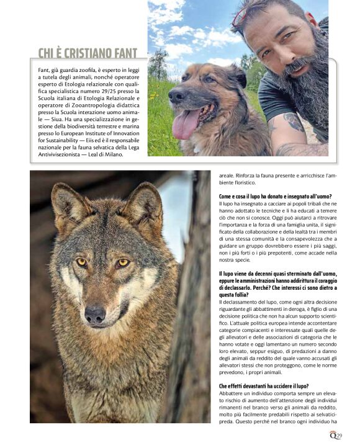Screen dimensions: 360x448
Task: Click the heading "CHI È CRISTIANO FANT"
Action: [x=88, y=54]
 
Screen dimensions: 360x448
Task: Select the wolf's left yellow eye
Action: [x=81, y=262]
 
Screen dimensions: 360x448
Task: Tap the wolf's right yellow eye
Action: [x=123, y=263]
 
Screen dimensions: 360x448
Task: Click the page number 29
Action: [x=339, y=436]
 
